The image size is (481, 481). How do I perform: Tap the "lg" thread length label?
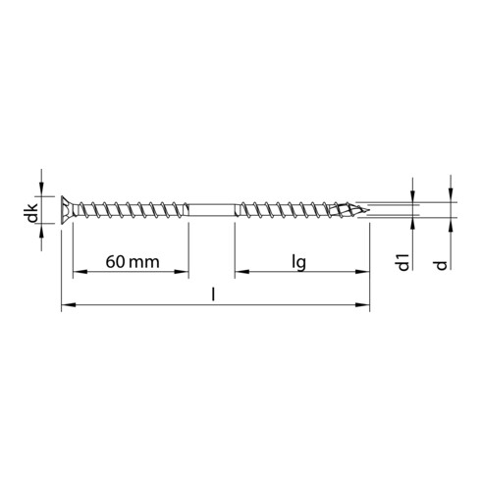tap(300, 262)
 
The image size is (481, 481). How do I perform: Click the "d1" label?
tap(401, 264)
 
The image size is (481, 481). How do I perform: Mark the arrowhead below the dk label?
tap(41, 228)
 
